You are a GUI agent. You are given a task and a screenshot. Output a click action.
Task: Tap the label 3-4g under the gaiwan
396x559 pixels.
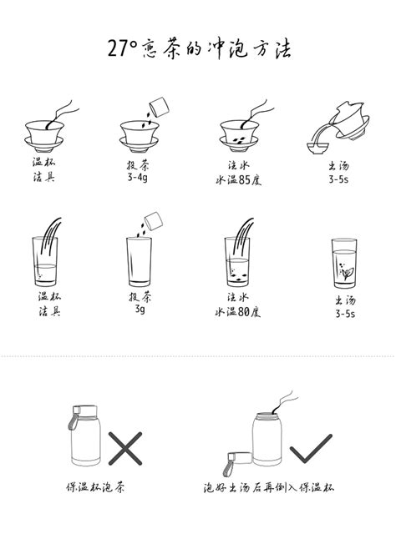139,178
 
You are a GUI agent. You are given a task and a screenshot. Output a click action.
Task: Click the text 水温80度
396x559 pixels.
238,312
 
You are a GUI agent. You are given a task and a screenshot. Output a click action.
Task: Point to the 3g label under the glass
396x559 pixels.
139,310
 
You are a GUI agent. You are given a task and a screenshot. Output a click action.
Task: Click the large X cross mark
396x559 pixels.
125,449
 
